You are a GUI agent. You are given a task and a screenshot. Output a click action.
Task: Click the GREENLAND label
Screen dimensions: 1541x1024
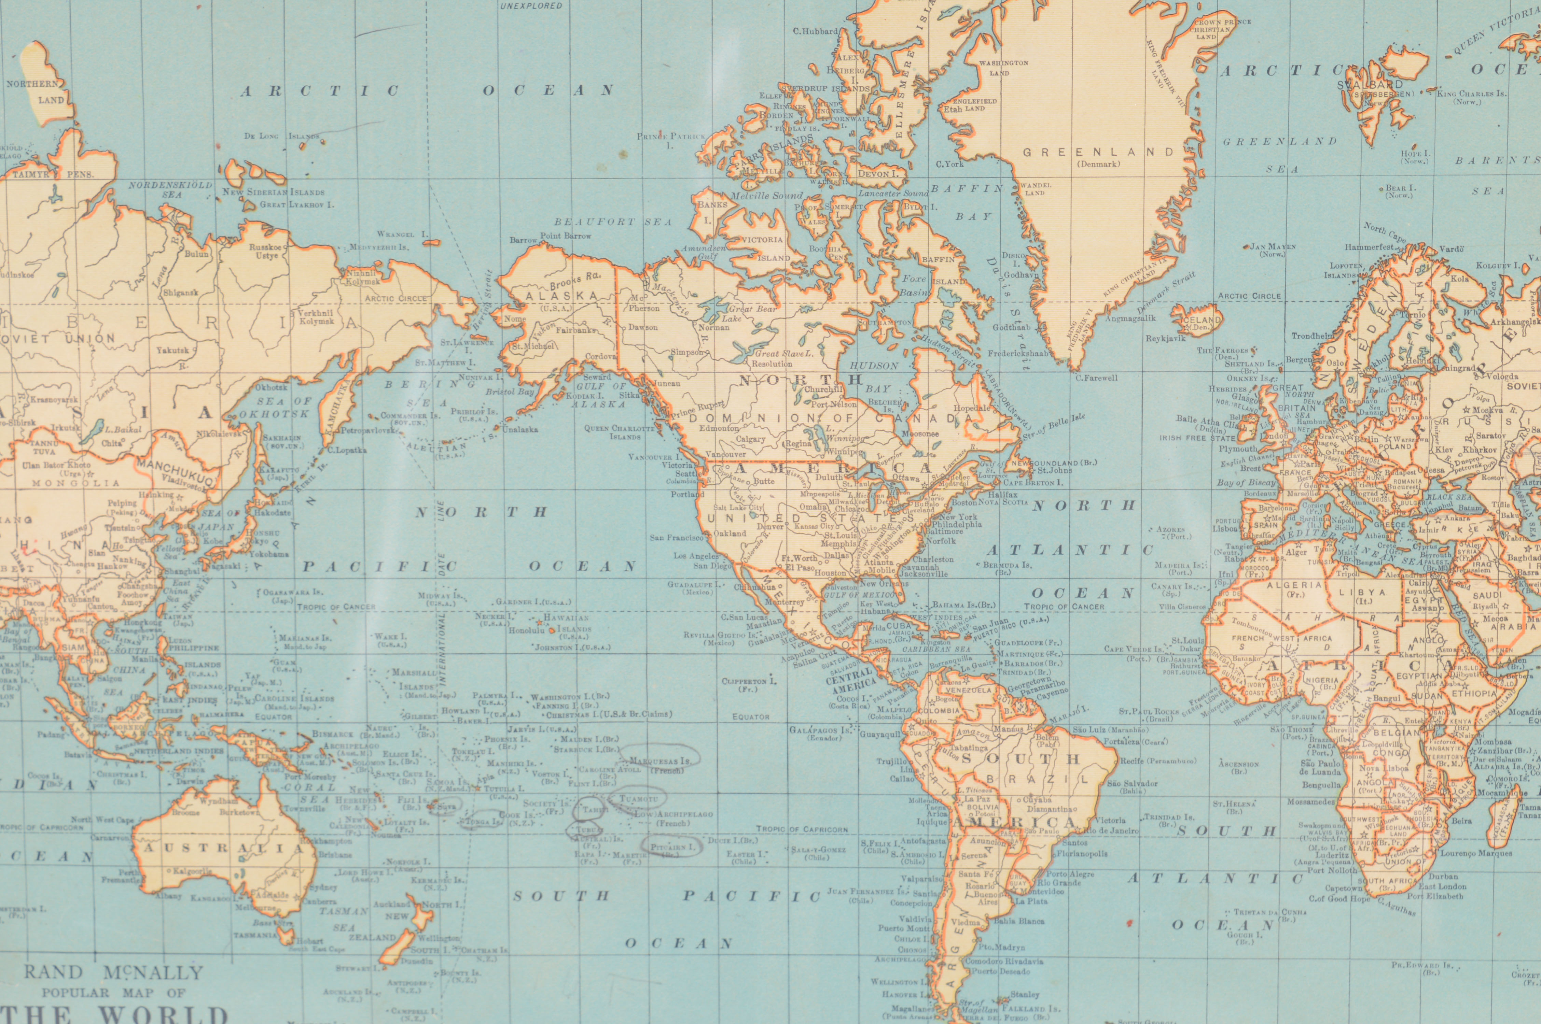[1097, 152]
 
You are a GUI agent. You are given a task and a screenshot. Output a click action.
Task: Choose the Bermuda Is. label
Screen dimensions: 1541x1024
[1006, 565]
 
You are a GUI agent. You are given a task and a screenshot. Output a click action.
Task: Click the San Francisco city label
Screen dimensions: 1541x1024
[676, 538]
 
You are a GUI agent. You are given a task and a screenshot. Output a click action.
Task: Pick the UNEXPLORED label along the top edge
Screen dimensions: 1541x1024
[530, 6]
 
